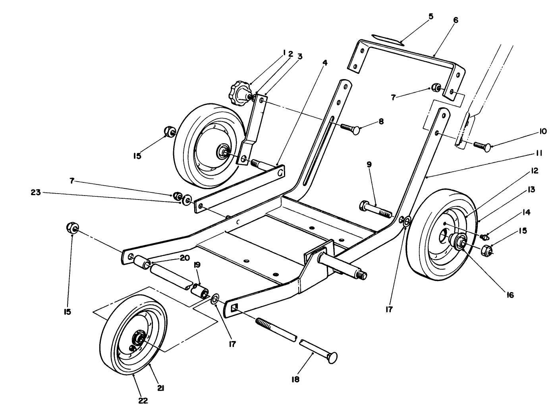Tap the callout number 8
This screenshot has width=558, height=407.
pos(381,122)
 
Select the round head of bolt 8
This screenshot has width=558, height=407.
pos(356,130)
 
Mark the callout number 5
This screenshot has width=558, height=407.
pos(431,17)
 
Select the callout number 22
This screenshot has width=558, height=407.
pos(143,400)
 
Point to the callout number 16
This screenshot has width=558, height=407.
pos(510,295)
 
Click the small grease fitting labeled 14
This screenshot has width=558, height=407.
pos(483,237)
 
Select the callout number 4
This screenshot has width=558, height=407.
pos(324,62)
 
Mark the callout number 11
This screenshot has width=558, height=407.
pos(539,153)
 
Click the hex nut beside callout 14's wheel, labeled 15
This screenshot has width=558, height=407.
pos(487,250)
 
